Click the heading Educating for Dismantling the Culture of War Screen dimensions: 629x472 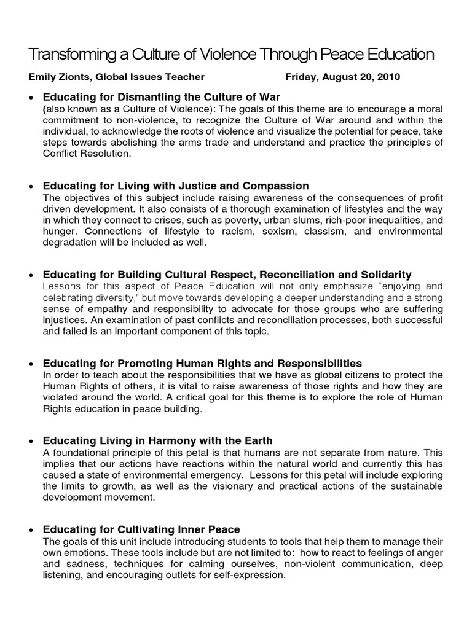coord(161,97)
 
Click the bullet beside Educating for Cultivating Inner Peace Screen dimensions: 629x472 coord(31,530)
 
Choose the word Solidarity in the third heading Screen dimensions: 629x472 coord(387,275)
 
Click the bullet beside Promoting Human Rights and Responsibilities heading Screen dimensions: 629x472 coord(31,364)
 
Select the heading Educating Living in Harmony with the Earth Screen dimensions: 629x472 coord(157,441)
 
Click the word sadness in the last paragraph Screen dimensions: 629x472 coord(84,565)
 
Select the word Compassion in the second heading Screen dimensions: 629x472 coord(277,186)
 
